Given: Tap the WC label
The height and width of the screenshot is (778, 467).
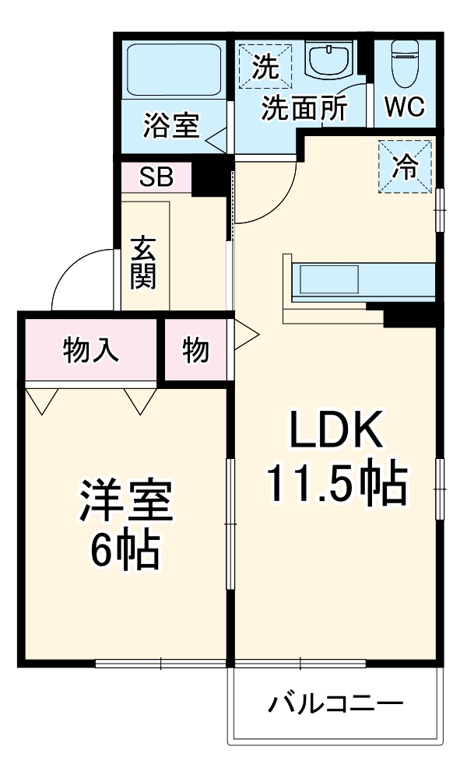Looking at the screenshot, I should coord(405,107).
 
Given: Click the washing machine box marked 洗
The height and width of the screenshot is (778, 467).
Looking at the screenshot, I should coord(265,67).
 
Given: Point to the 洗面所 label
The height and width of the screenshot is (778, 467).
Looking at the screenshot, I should coord(304,109).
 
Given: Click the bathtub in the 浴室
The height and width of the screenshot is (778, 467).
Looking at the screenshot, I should coord(173,71).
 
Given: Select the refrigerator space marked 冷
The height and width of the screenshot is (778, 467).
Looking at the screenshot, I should coord(405,166).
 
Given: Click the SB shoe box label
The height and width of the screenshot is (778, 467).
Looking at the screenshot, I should coord(156,177).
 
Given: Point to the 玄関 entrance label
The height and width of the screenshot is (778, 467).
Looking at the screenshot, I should coord(143,261).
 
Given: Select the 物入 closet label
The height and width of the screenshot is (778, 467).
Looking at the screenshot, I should coord(91,350).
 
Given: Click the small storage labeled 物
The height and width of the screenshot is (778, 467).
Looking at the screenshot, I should coord(196,351).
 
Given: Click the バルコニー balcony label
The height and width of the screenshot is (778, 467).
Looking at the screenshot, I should coord(336,705).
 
